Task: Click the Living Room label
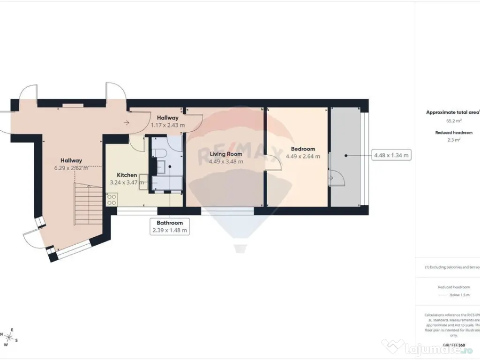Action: click(x=225, y=154)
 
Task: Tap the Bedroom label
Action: click(x=303, y=149)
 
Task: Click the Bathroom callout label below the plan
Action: click(x=170, y=223)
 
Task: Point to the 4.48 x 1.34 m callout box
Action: click(x=390, y=155)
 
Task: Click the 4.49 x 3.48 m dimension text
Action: click(x=225, y=162)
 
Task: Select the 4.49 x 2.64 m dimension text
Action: click(x=303, y=157)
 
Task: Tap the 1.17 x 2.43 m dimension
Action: click(x=167, y=125)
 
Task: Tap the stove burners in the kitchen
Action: click(x=112, y=200)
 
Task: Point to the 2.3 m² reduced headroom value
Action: click(x=451, y=140)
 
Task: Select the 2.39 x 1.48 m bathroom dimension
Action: click(x=170, y=230)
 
